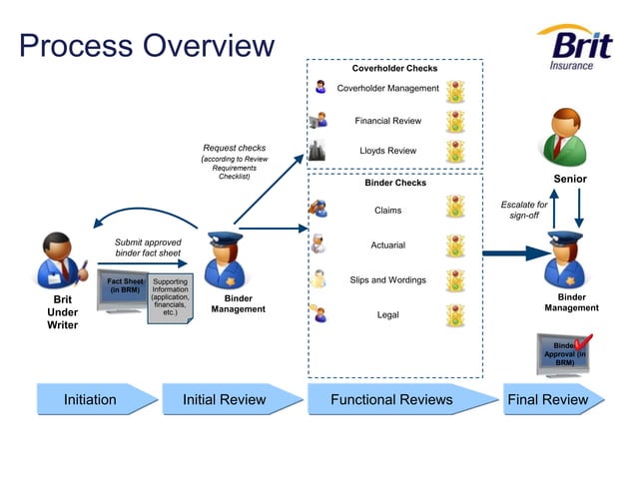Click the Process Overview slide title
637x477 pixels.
146,46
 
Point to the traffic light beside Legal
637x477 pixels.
455,315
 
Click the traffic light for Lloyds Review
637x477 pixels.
455,152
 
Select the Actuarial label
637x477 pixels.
387,245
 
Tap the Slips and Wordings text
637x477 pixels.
387,280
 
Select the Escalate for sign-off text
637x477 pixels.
524,210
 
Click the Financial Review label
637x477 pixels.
387,122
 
